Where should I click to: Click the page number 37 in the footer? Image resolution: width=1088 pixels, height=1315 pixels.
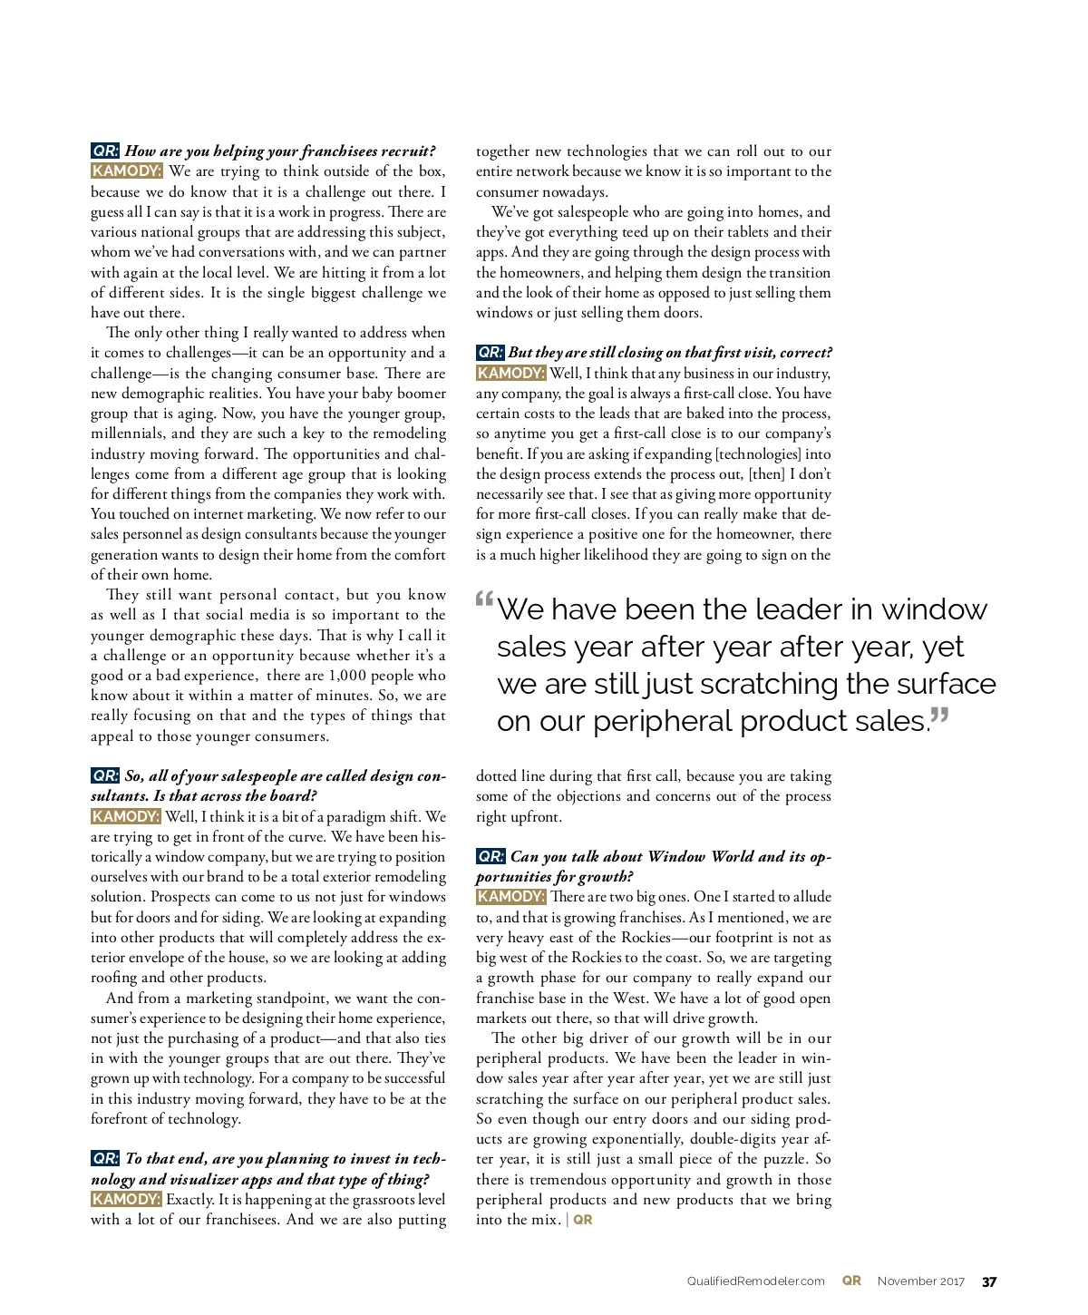pos(989,1281)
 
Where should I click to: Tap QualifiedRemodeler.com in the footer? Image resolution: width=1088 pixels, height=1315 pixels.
pos(755,1281)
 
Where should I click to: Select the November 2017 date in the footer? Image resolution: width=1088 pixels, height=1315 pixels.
pos(920,1281)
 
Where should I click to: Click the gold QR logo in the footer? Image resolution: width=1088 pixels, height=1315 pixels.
pos(851,1281)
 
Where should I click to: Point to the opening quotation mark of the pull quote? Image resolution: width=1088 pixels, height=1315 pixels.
pos(484,599)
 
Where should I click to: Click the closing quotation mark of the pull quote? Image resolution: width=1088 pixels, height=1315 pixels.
pos(940,716)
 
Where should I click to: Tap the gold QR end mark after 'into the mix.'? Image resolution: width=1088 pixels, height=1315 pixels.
pos(583,1220)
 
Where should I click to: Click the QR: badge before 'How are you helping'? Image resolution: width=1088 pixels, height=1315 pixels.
pos(105,151)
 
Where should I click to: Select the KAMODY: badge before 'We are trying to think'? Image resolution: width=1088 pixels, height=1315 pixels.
pos(126,171)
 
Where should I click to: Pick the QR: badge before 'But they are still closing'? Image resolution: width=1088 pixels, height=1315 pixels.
pos(491,352)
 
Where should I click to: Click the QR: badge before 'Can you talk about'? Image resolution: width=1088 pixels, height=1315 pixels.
pos(491,856)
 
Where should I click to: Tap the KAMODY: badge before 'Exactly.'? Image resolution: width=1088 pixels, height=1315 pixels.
pos(126,1199)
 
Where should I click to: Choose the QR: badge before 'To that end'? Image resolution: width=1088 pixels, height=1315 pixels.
pos(105,1158)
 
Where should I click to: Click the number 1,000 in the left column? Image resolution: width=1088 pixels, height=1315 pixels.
pos(347,676)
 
